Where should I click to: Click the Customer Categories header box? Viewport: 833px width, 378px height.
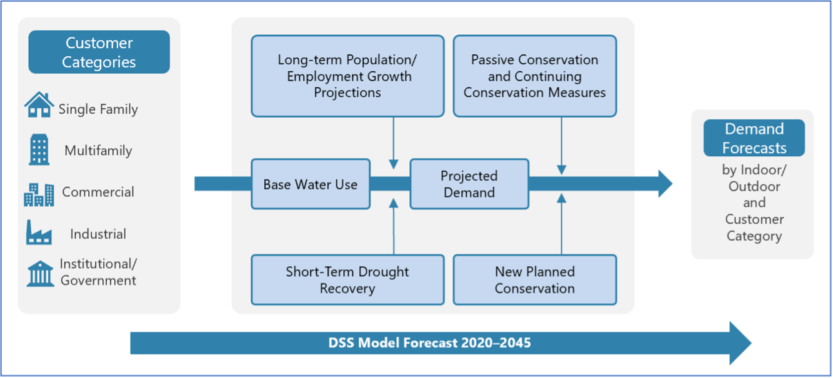(x=99, y=52)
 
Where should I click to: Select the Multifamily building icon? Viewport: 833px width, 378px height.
(x=39, y=150)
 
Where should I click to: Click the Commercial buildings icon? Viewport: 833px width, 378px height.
(x=39, y=194)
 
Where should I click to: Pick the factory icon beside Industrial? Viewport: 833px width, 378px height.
(x=39, y=233)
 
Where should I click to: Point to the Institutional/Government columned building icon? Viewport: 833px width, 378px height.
(x=40, y=274)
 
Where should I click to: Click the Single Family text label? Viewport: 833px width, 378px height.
(x=98, y=109)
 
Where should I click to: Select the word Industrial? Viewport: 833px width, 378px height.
(x=98, y=234)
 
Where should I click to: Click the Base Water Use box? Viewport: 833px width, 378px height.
(x=310, y=184)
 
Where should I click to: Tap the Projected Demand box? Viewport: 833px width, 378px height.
(x=469, y=184)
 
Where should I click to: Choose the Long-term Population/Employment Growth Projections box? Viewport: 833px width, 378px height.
(x=347, y=76)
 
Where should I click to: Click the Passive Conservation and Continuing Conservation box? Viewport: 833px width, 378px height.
(x=534, y=76)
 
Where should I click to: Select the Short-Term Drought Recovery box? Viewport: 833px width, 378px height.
(x=347, y=280)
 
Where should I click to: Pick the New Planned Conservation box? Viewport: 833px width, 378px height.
(x=534, y=280)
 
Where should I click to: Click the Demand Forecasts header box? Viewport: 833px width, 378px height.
(x=754, y=138)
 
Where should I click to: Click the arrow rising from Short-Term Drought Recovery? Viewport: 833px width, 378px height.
(x=394, y=226)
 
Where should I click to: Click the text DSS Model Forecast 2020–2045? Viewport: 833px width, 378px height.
(x=430, y=342)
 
